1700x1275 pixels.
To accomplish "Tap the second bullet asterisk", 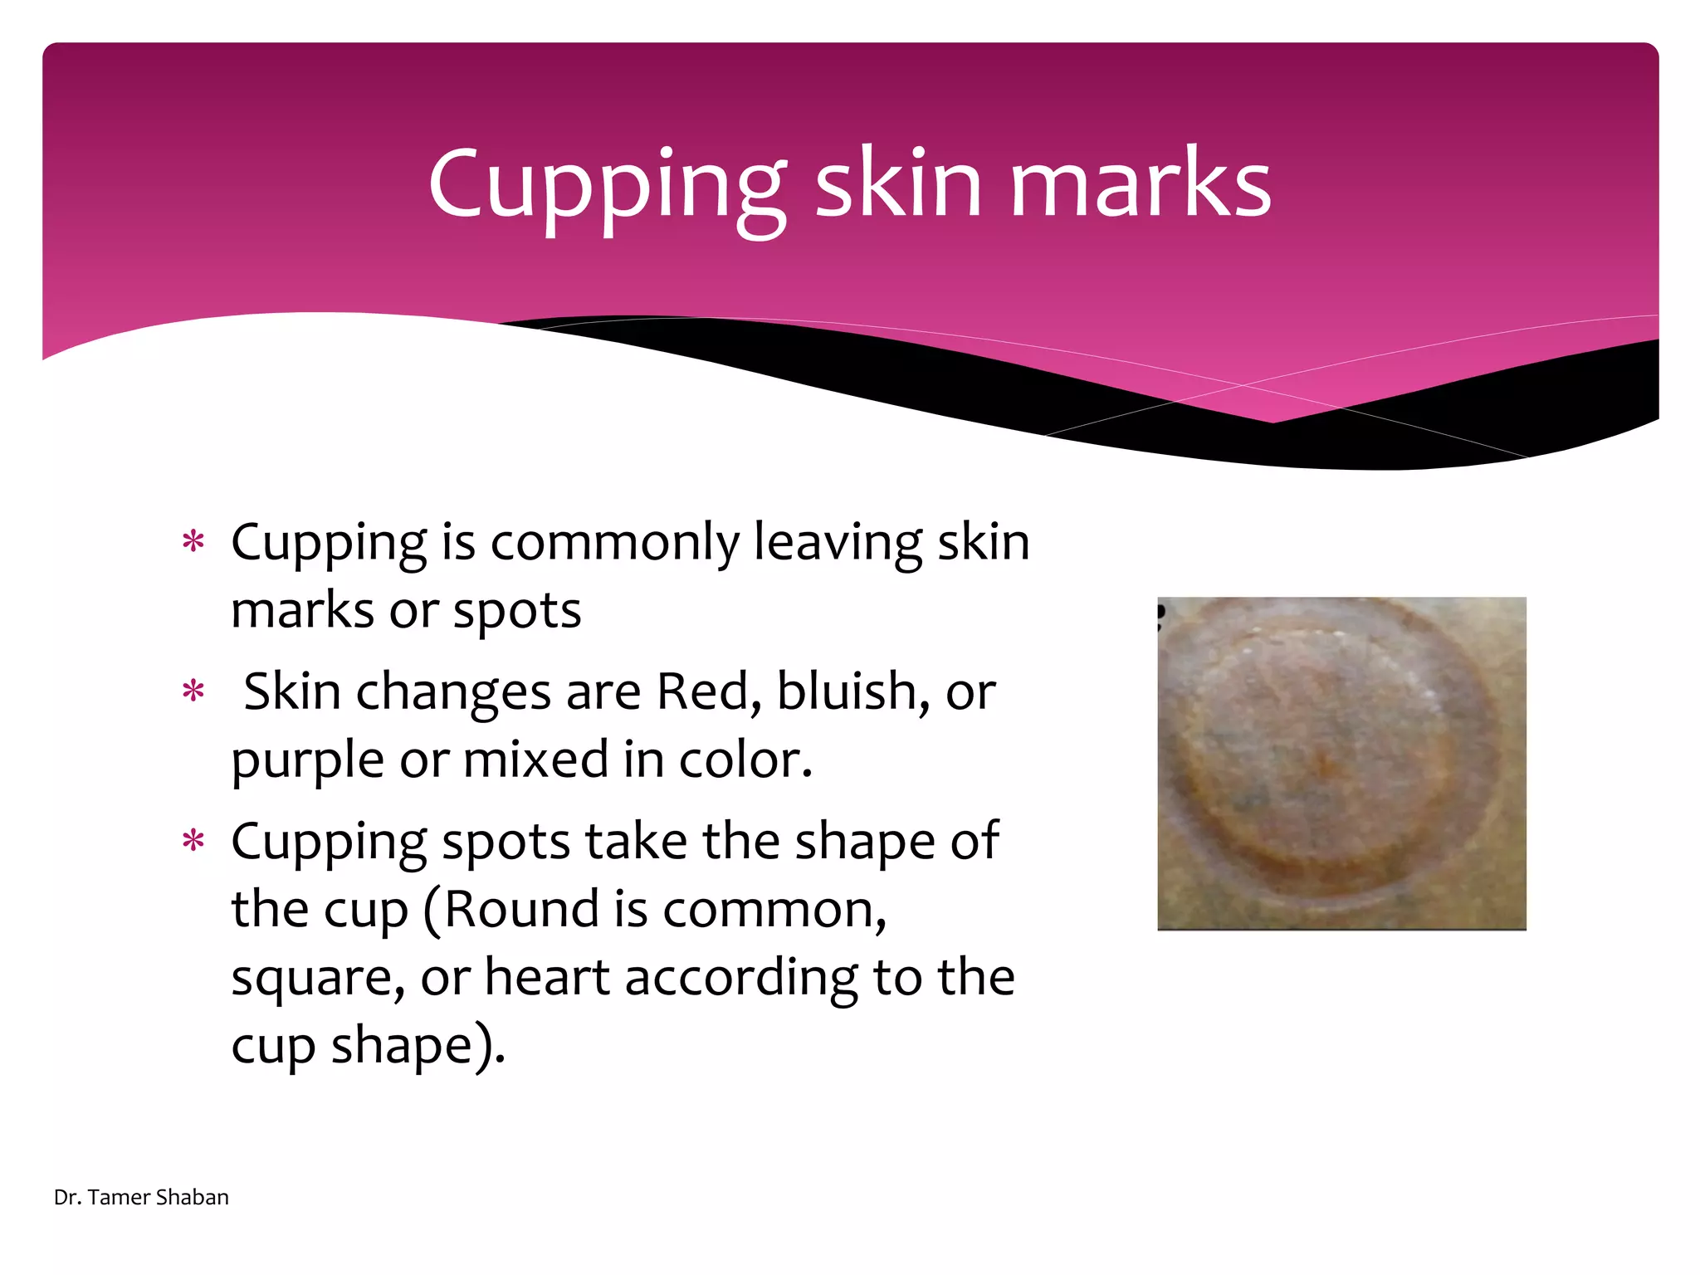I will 193,692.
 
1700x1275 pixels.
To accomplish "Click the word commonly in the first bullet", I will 614,544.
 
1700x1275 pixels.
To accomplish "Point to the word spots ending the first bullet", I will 516,612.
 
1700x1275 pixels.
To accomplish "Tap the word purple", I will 307,762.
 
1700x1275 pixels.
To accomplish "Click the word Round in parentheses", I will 521,910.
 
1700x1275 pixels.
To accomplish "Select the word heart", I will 547,977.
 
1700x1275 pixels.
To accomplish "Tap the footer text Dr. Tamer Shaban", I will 141,1197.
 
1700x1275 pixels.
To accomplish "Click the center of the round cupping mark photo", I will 1341,763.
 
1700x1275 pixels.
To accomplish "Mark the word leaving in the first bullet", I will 838,544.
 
